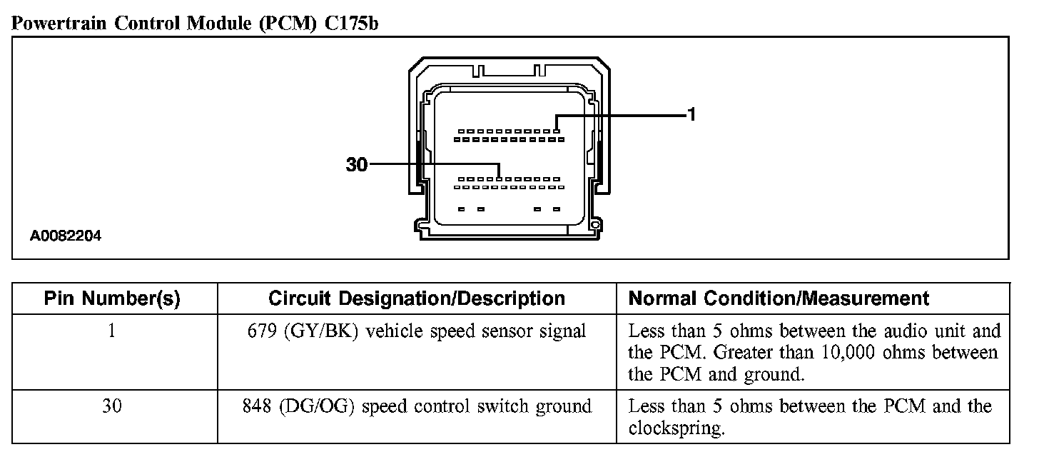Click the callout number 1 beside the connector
click(691, 114)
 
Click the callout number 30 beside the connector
click(356, 165)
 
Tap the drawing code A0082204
click(66, 236)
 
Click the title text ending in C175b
click(195, 24)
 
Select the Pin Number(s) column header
click(112, 298)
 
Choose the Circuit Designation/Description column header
click(417, 298)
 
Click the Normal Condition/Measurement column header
click(779, 298)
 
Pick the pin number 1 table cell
click(112, 331)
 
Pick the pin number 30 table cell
click(112, 406)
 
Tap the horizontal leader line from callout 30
click(428, 164)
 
